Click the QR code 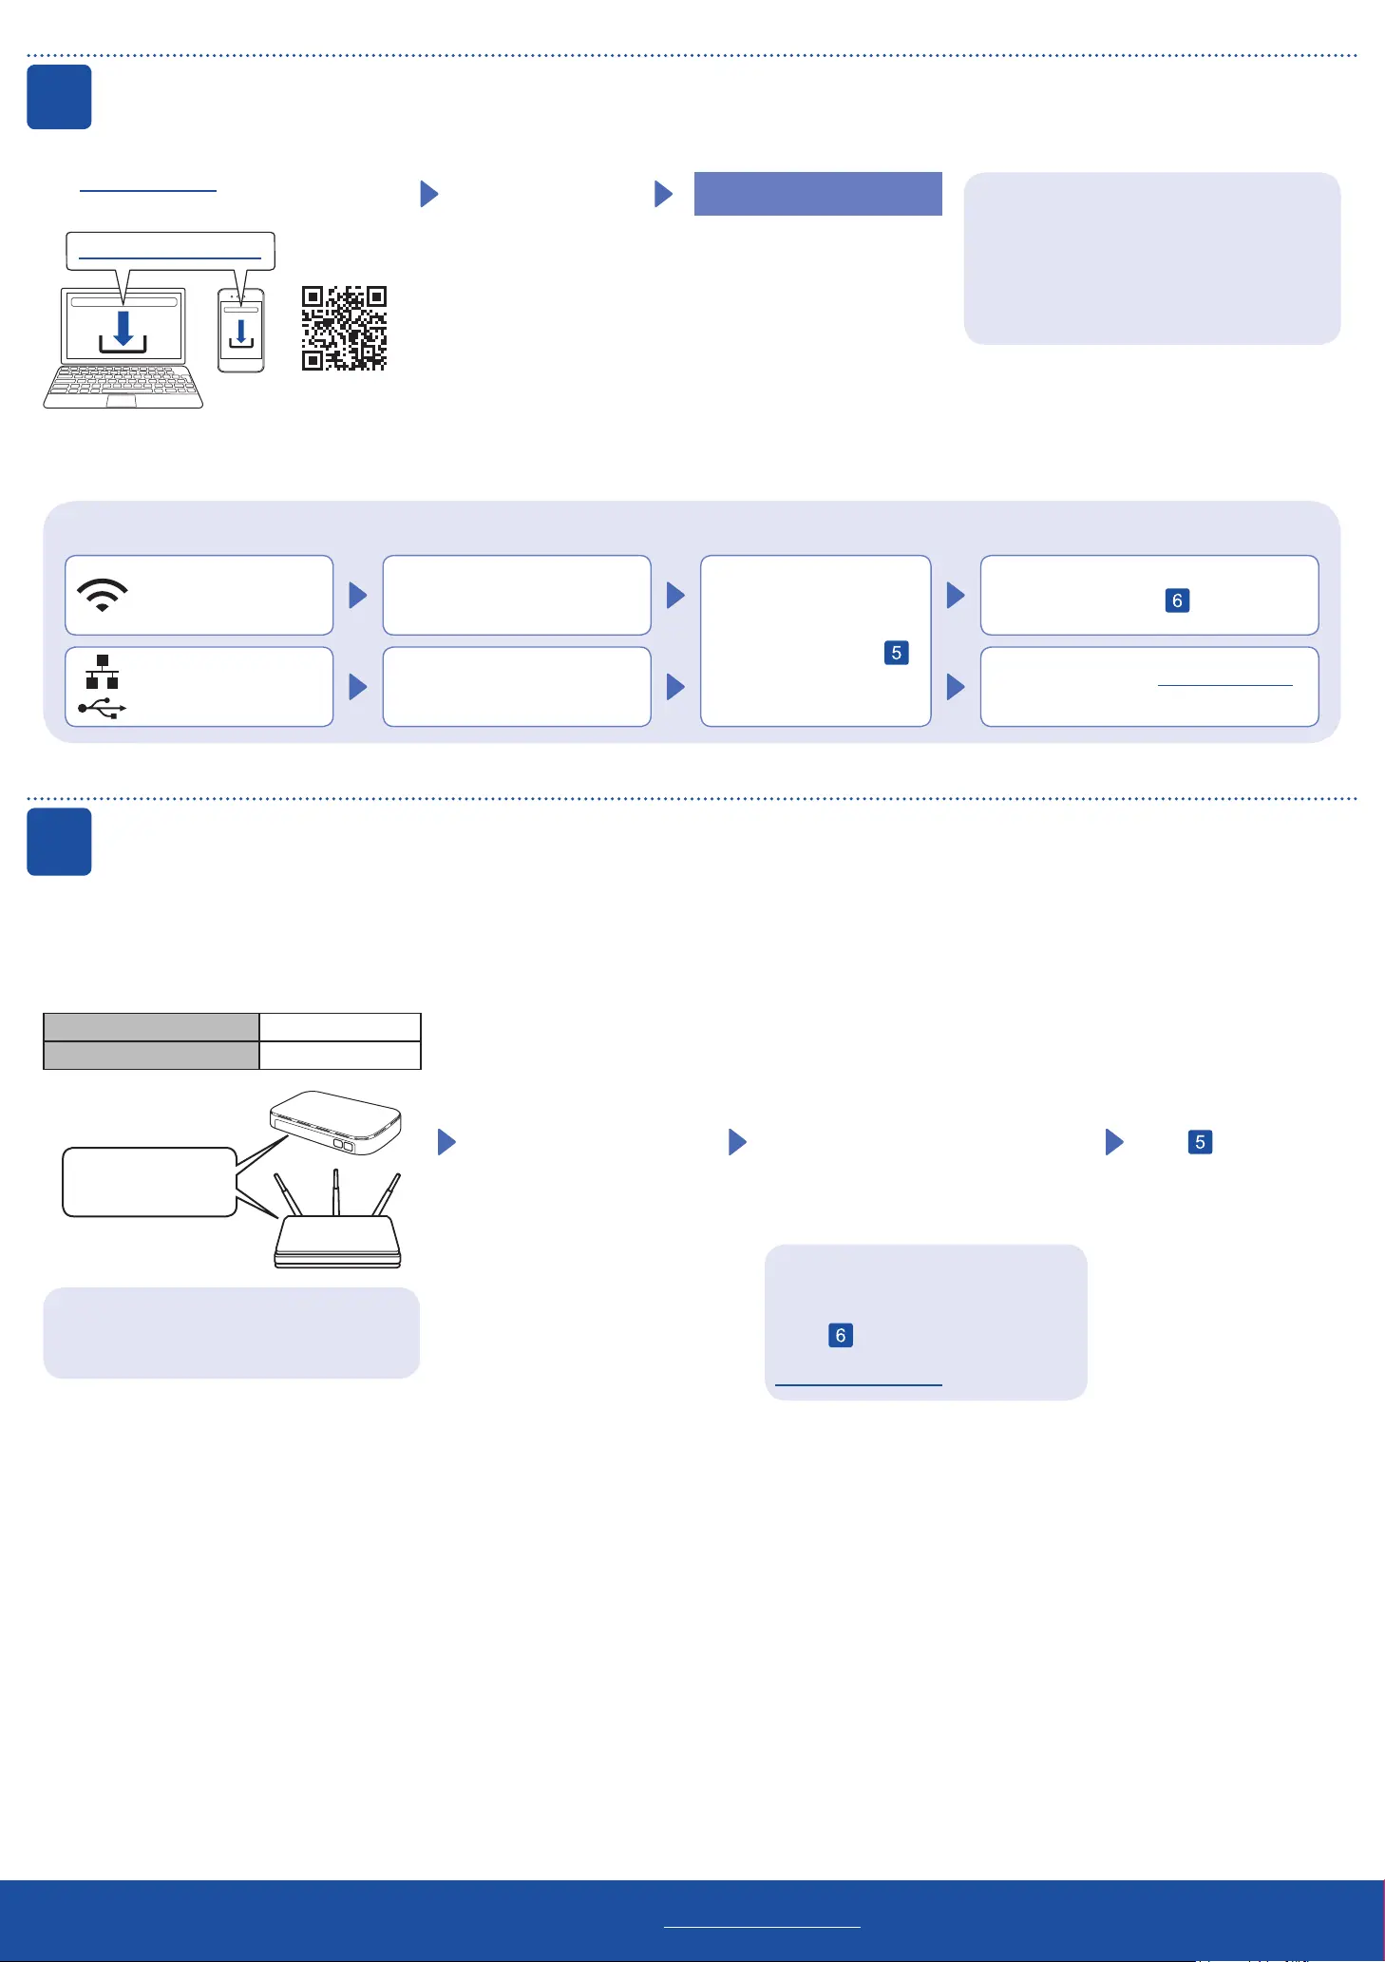(x=344, y=328)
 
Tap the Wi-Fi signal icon (x=103, y=595)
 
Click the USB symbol (x=103, y=708)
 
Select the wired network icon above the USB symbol (x=103, y=672)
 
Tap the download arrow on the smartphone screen (x=241, y=333)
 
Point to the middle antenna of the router (x=335, y=1191)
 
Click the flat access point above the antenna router (x=336, y=1122)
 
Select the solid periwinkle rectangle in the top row (x=818, y=194)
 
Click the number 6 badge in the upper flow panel (x=1177, y=600)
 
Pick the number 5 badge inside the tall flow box (x=896, y=653)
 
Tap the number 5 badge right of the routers (x=1200, y=1142)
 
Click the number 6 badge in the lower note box (x=840, y=1336)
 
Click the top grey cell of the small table (x=152, y=1027)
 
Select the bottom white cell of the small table (x=340, y=1056)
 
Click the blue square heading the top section (x=59, y=97)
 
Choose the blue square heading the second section (x=59, y=842)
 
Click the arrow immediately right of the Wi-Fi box (x=358, y=596)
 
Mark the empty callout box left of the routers (x=149, y=1182)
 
